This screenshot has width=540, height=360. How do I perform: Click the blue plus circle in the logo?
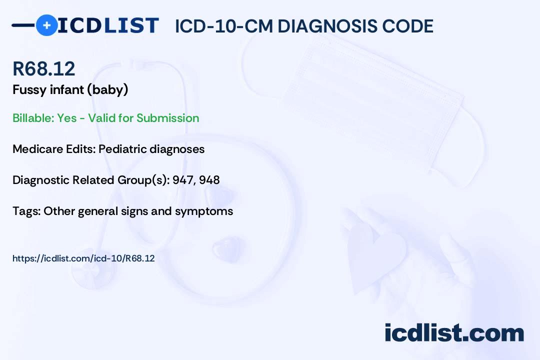point(46,25)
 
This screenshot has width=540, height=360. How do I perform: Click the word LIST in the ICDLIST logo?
point(131,25)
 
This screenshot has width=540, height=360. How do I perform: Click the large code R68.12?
point(43,68)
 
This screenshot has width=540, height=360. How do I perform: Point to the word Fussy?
point(29,90)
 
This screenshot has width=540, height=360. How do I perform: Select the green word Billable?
point(32,118)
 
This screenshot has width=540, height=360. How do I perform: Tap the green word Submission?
point(167,118)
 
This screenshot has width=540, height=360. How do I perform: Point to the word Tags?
point(26,211)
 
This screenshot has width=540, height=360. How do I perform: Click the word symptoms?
point(204,211)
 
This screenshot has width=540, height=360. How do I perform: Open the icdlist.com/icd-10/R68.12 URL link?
point(83,258)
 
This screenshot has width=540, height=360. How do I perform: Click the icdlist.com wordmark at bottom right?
point(454,333)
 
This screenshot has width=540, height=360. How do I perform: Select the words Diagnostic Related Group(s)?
point(91,180)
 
